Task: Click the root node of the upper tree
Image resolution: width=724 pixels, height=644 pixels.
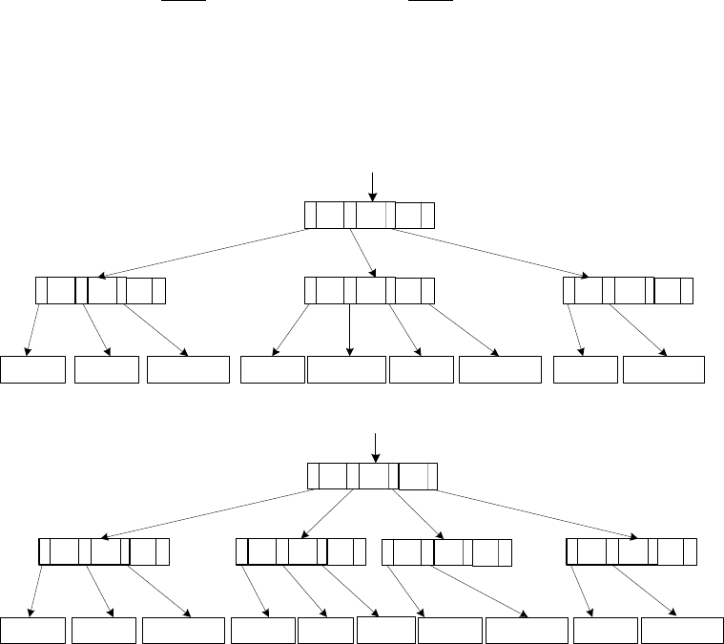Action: tap(369, 216)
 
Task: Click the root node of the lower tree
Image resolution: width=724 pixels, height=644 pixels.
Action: tap(373, 475)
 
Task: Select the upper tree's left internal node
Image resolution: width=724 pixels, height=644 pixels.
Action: tap(100, 290)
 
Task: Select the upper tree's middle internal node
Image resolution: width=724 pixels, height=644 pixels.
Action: tap(369, 290)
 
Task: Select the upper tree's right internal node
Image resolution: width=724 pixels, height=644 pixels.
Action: tap(628, 290)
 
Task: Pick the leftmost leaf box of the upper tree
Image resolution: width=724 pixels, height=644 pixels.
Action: tap(33, 369)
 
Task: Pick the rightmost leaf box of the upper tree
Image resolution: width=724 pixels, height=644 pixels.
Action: tap(663, 369)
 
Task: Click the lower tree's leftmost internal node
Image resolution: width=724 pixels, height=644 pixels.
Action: tap(104, 552)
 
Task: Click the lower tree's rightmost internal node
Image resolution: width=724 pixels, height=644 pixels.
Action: tap(631, 552)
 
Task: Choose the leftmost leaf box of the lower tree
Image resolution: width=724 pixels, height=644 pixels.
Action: tap(33, 631)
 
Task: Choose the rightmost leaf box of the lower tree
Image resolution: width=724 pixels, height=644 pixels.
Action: tap(681, 631)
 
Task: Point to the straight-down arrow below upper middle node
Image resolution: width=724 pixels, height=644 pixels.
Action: tap(350, 329)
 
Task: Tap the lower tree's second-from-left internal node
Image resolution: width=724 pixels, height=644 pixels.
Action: tap(300, 552)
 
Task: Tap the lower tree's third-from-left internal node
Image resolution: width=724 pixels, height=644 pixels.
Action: tap(446, 552)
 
